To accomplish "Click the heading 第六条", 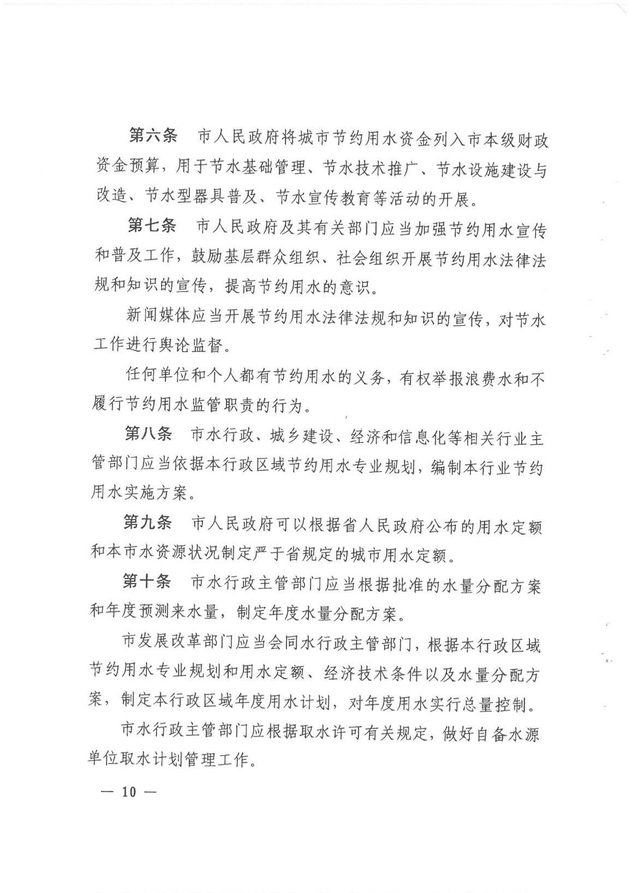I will click(152, 136).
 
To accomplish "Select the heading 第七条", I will click(151, 225).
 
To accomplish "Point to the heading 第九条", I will click(147, 522).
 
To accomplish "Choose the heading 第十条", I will click(146, 582).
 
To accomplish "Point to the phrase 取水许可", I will click(336, 733).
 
